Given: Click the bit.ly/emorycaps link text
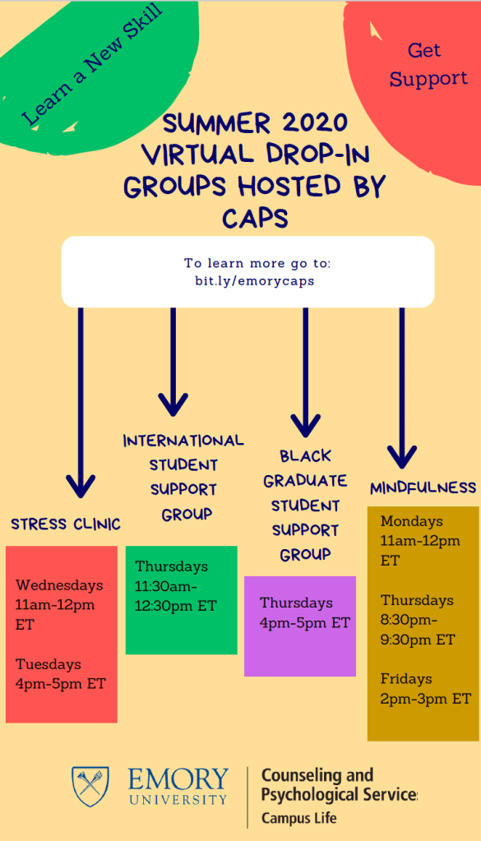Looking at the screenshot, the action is [255, 281].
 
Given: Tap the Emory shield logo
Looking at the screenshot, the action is [90, 786].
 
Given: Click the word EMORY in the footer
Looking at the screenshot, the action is [178, 779].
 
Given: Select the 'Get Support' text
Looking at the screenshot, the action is [428, 64].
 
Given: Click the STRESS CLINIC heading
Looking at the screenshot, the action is [66, 524].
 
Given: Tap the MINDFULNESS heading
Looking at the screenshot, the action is [423, 488].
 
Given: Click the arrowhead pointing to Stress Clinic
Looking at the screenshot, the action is [81, 486].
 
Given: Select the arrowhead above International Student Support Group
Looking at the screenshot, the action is [173, 404].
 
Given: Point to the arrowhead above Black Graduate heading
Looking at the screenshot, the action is [306, 426].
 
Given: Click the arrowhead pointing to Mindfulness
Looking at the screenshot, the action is [402, 457].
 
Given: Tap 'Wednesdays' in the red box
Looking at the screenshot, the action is [59, 585].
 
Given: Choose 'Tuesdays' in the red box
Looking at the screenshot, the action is [49, 664].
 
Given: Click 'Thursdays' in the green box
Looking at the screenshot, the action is [172, 566].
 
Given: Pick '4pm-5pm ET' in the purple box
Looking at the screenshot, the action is [304, 622].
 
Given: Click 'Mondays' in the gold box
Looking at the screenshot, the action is [412, 521].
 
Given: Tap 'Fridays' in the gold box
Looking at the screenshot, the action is [406, 679].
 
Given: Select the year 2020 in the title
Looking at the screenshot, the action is [315, 122].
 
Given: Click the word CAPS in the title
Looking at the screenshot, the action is [255, 219].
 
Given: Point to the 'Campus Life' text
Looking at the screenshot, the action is [299, 819].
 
